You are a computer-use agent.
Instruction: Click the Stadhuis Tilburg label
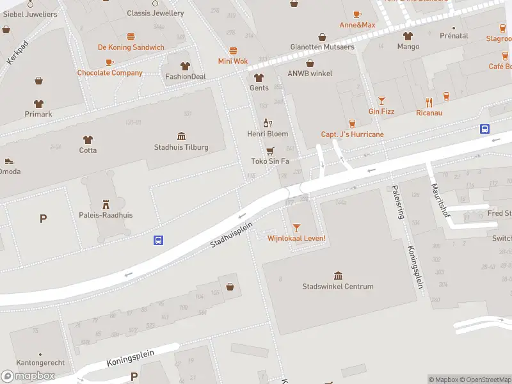(181, 147)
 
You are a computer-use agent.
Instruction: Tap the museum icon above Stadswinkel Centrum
(338, 275)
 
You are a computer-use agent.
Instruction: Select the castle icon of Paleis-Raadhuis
(106, 204)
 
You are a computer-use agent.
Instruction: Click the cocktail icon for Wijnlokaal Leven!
(296, 227)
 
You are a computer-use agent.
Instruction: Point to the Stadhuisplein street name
(232, 235)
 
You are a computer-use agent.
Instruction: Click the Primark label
(38, 115)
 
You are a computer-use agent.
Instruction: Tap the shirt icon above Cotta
(88, 139)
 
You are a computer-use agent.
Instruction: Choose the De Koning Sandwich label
(131, 47)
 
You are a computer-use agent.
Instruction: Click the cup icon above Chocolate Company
(109, 62)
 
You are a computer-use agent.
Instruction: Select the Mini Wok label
(232, 61)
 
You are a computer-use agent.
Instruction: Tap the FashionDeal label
(186, 77)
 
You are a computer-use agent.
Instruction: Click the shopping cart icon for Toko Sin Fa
(269, 150)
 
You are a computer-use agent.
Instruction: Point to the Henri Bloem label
(268, 134)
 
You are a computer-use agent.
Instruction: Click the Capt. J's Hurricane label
(352, 134)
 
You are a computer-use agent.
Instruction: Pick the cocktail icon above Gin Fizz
(381, 100)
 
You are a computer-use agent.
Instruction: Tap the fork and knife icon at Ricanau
(429, 102)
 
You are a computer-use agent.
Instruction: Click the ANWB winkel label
(310, 74)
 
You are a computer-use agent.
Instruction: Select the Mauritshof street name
(440, 199)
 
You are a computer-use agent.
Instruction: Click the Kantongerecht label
(40, 363)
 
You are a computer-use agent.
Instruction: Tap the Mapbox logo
(28, 376)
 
